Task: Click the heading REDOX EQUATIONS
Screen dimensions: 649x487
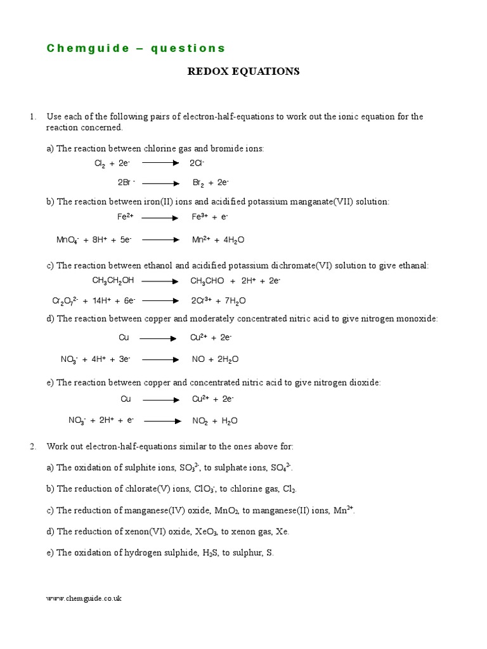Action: (x=243, y=72)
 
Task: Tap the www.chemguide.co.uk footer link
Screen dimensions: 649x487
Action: (x=84, y=598)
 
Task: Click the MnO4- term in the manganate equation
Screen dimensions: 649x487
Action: (x=67, y=241)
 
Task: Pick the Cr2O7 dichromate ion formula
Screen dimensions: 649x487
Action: (x=65, y=301)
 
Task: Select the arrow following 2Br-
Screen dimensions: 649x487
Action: (x=160, y=183)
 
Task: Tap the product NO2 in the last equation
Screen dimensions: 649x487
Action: (x=200, y=421)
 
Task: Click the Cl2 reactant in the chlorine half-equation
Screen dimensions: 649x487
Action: (x=100, y=164)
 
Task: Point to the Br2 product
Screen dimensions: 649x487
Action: (x=198, y=183)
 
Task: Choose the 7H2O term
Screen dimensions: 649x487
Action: (x=232, y=301)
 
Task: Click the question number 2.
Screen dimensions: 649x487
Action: (x=32, y=447)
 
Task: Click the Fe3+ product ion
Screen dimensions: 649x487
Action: (x=200, y=217)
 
